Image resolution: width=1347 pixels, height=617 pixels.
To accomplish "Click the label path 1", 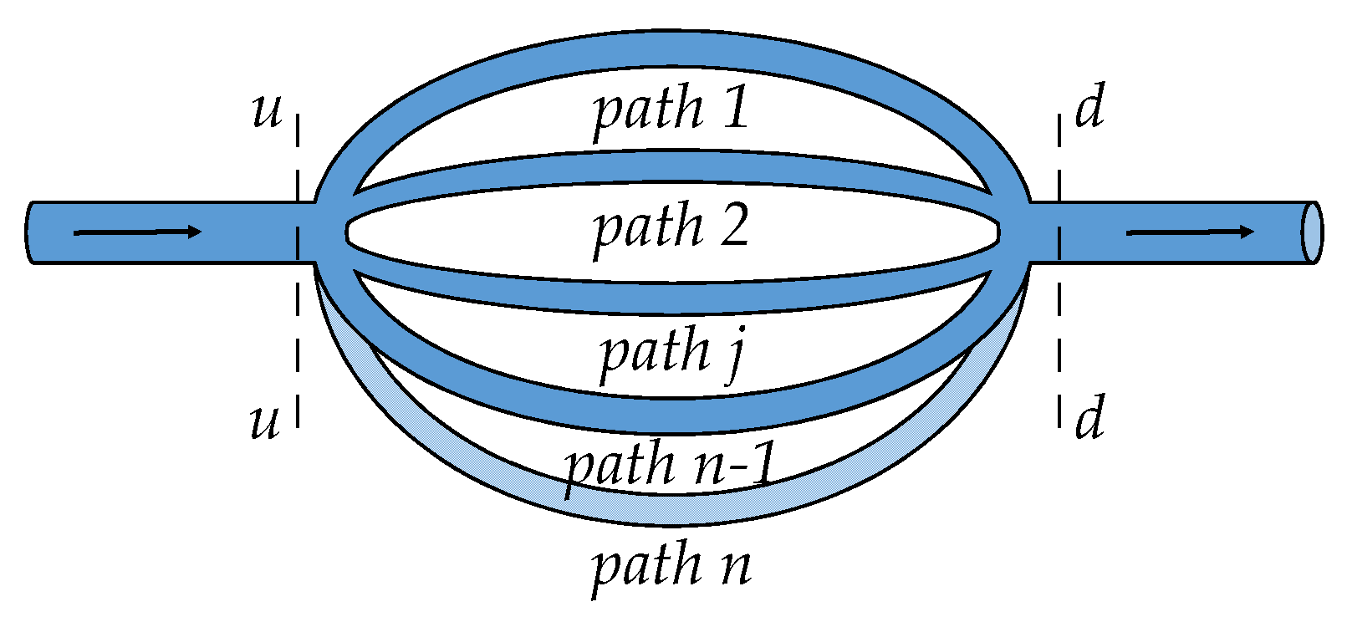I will [x=671, y=110].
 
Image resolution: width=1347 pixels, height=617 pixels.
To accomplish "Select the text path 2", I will [x=671, y=227].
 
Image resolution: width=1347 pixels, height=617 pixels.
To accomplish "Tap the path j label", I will [x=671, y=353].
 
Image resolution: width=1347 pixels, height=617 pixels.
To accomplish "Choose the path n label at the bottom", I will [x=671, y=566].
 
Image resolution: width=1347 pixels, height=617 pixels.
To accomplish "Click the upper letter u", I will [x=267, y=111].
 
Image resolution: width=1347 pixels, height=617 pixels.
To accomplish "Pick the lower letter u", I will [x=265, y=421].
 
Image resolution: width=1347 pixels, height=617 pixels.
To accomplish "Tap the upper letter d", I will [x=1089, y=107].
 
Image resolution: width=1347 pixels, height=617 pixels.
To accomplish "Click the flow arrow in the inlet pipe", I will [x=138, y=232].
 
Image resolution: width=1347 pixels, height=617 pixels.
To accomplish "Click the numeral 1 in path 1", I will [x=736, y=109].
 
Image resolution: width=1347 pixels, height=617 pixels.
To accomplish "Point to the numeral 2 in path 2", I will [x=733, y=227].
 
